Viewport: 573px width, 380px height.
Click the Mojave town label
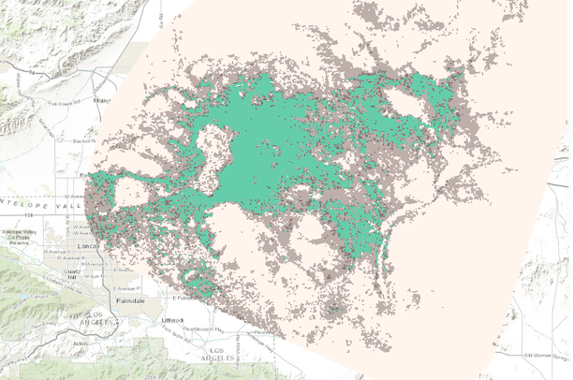pyautogui.click(x=102, y=97)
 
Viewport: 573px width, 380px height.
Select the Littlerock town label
pyautogui.click(x=173, y=320)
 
